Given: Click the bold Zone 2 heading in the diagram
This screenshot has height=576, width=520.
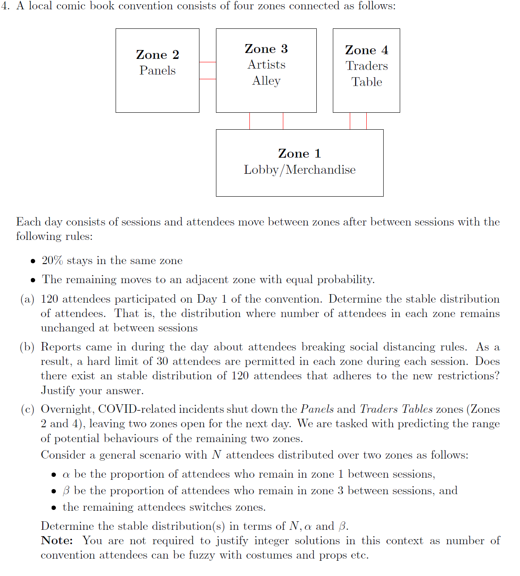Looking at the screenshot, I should click(158, 55).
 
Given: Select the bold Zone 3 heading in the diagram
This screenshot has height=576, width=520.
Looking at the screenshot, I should click(266, 49).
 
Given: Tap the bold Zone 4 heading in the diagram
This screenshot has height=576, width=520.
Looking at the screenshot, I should click(366, 50).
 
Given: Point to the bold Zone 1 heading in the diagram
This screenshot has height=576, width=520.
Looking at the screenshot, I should click(299, 153).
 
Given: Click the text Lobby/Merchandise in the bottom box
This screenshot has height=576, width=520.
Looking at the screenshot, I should click(299, 170).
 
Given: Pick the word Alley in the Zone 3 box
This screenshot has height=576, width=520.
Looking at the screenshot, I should click(266, 81).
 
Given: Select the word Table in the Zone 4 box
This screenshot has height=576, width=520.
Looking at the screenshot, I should click(366, 82).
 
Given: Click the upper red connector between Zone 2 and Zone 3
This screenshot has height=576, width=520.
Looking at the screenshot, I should click(207, 62).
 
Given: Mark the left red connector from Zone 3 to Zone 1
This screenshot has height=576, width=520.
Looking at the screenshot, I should click(249, 121).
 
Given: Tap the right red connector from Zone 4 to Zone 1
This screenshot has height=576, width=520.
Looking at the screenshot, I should click(366, 121).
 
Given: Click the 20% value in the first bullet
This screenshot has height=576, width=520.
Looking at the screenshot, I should click(52, 260).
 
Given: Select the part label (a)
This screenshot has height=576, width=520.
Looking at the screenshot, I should click(28, 299).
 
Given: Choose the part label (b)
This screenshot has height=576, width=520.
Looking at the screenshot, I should click(28, 347).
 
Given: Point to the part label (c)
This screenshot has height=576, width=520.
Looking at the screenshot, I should click(28, 409).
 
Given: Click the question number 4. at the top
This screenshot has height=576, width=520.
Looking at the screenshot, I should click(6, 6).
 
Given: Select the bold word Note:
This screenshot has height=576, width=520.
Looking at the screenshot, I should click(57, 541).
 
